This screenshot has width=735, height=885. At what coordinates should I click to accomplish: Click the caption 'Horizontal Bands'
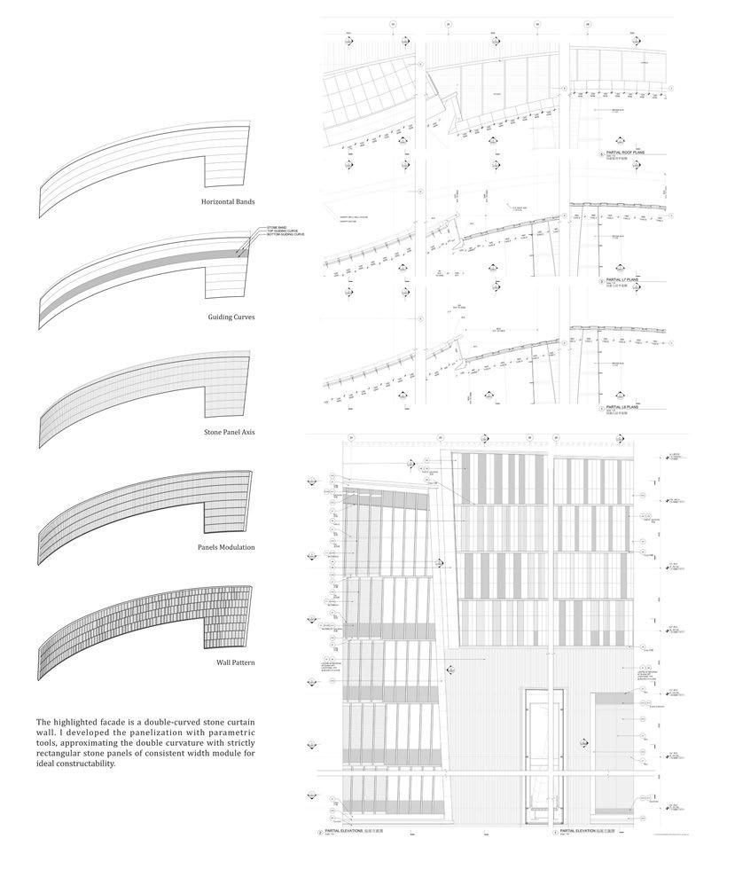click(228, 201)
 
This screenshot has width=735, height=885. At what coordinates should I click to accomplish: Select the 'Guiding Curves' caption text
click(231, 317)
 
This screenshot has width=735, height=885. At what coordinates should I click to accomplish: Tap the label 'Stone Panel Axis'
click(230, 432)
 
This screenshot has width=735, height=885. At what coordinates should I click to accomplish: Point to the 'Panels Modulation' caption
click(227, 547)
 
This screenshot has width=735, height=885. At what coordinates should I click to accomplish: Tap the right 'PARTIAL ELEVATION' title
click(584, 832)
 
